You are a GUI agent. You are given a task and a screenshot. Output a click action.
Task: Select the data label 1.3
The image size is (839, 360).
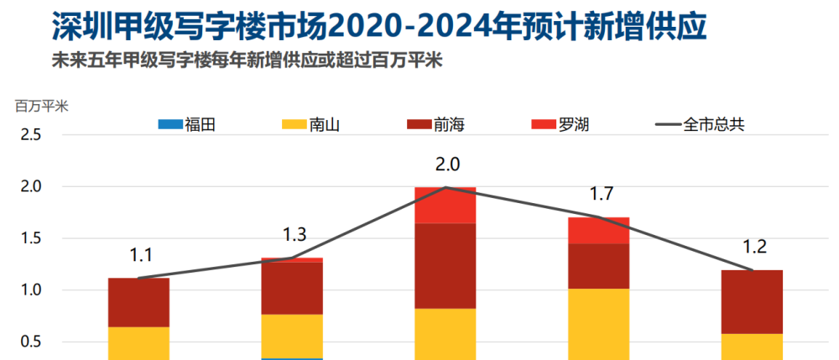pyautogui.click(x=294, y=235)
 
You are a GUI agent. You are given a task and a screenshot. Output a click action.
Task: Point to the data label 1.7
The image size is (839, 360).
pyautogui.click(x=602, y=195)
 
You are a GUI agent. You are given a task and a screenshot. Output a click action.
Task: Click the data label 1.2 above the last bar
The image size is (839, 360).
pyautogui.click(x=754, y=247)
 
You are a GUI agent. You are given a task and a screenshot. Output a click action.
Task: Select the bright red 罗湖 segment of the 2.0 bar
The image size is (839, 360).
pyautogui.click(x=446, y=206)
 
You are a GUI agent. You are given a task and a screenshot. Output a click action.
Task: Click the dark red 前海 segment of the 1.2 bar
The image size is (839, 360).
pyautogui.click(x=752, y=301)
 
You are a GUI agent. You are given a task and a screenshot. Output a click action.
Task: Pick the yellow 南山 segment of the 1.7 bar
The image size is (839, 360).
pyautogui.click(x=598, y=324)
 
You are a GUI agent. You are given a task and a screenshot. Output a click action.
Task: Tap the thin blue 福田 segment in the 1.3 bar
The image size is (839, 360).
pyautogui.click(x=292, y=358)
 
